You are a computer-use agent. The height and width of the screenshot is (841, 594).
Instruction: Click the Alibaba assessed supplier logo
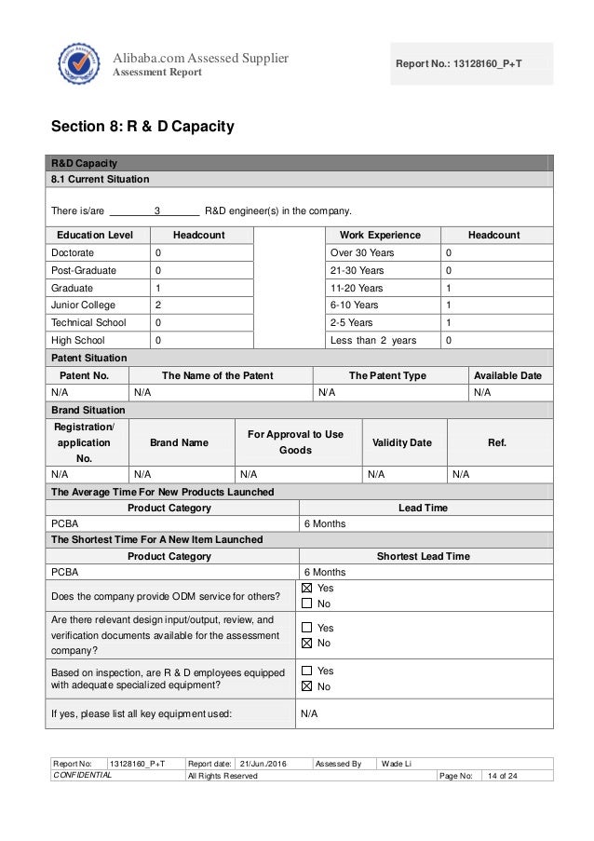pos(77,64)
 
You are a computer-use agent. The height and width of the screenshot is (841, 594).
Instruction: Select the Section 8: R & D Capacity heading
pos(142,125)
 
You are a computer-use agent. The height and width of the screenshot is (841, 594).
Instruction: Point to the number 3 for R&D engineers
pos(157,210)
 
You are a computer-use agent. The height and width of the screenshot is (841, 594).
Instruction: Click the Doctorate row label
pos(74,252)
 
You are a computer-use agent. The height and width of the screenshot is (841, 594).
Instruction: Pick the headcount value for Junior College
pos(158,305)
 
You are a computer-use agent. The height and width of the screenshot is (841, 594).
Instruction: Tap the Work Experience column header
pos(380,235)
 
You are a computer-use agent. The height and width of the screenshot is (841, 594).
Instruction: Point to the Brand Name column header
pos(179,442)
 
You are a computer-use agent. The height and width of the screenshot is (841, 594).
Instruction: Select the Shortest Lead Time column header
pos(423,557)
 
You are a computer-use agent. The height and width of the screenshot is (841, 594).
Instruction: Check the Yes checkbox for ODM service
pos(307,589)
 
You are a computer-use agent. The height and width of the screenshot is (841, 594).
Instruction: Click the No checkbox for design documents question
pos(307,643)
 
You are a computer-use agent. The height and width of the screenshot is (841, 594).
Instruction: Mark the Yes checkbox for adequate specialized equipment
pos(307,671)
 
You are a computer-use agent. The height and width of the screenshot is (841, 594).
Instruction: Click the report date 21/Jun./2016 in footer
pos(265,764)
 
